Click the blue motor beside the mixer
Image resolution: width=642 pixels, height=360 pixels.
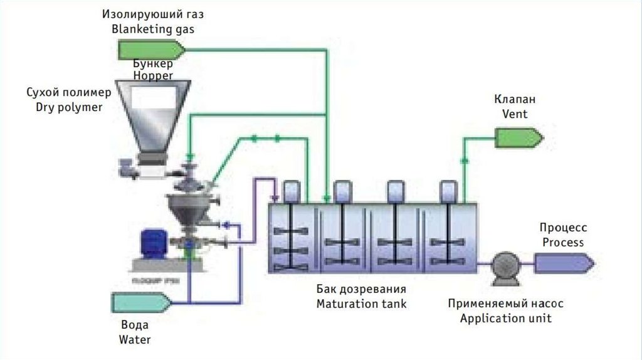153,241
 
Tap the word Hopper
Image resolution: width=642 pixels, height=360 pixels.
153,75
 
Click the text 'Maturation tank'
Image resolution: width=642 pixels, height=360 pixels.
361,304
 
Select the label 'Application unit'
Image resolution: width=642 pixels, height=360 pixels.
505,318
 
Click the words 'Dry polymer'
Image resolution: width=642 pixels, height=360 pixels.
69,107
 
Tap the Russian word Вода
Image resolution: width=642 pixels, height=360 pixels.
135,326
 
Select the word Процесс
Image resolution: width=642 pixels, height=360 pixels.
563,228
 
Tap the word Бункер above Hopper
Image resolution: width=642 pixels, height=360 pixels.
153,63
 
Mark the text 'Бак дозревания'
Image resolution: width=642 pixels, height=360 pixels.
361,290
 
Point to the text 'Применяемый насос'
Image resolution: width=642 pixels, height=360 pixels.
505,304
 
